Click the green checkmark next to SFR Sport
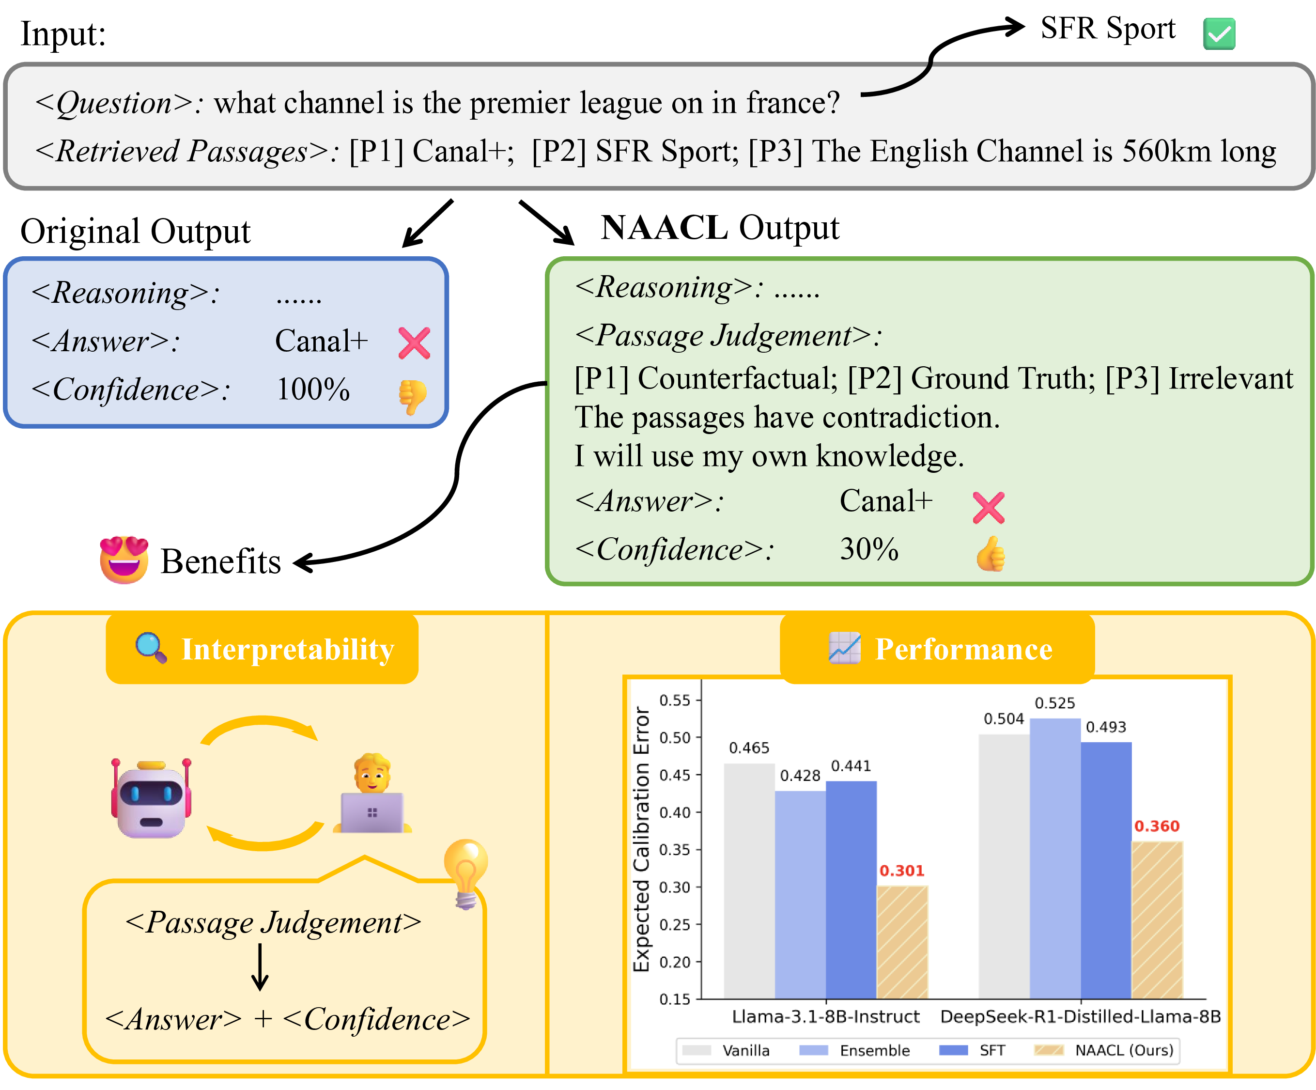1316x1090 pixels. (x=1218, y=33)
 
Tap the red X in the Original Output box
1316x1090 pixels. (x=414, y=343)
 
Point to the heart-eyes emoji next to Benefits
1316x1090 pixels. (x=124, y=560)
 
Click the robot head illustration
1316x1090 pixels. (x=151, y=800)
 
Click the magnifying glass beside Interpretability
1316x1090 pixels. (x=151, y=648)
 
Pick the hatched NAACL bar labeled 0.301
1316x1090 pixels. (x=902, y=942)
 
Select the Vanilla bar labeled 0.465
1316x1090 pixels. (x=749, y=881)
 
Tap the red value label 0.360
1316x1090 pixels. (x=1156, y=826)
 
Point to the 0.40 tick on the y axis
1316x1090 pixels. (x=674, y=812)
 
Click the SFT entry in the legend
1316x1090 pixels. (x=992, y=1050)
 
